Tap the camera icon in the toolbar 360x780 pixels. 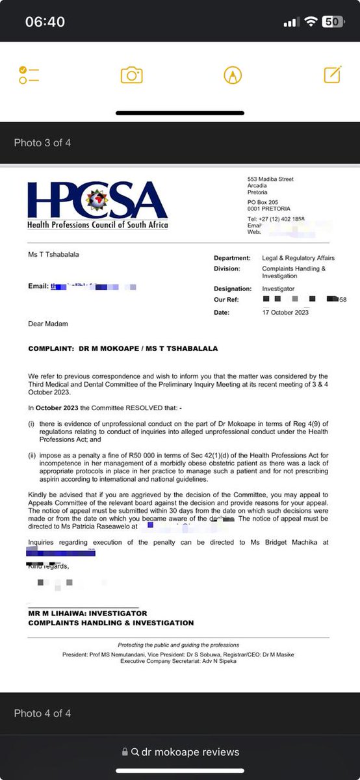coord(131,75)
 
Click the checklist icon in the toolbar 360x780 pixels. coord(29,75)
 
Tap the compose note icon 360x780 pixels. coord(333,75)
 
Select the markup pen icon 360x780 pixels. coord(232,75)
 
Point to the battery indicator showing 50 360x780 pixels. coord(333,21)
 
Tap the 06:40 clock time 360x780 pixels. coord(45,22)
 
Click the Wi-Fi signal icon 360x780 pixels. coord(313,21)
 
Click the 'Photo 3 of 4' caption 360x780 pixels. coord(42,142)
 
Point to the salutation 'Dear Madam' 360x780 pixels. coord(48,323)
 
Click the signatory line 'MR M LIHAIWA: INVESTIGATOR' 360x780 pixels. coord(88,613)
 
